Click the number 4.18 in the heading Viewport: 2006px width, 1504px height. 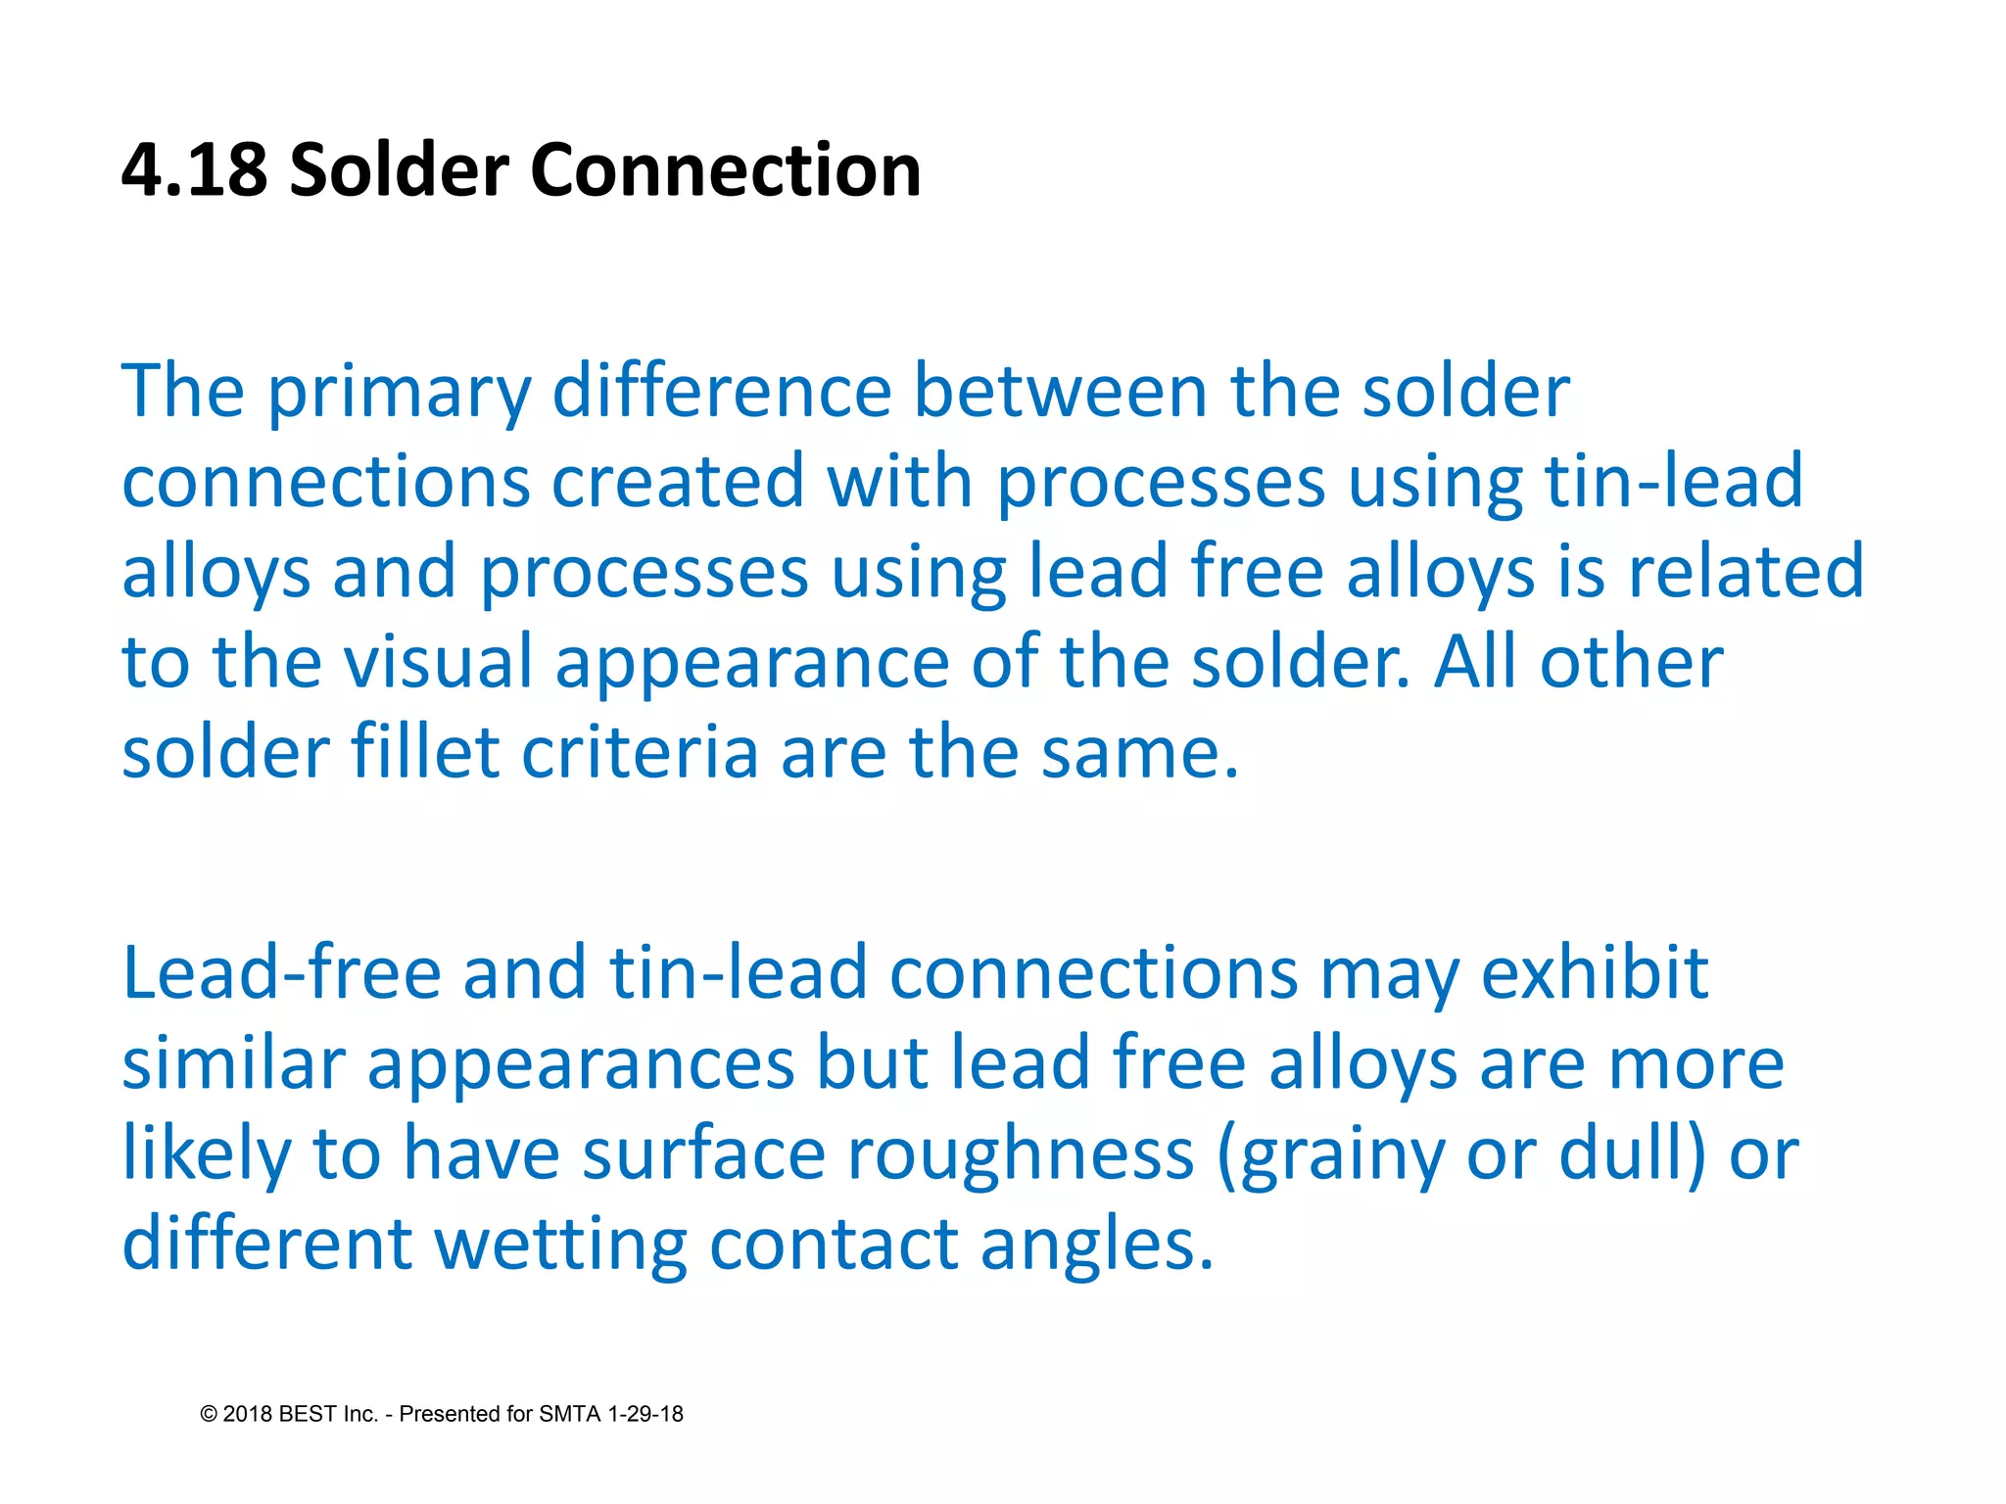pyautogui.click(x=194, y=170)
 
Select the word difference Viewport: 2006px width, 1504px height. pyautogui.click(x=722, y=392)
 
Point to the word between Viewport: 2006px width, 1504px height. pyautogui.click(x=1060, y=392)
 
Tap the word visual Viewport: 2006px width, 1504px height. pyautogui.click(x=438, y=663)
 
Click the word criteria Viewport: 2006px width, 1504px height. pyautogui.click(x=640, y=753)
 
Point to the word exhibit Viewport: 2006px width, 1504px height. pyautogui.click(x=1594, y=973)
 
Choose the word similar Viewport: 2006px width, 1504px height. pyautogui.click(x=233, y=1064)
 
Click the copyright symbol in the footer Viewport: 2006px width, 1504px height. pyautogui.click(x=209, y=1414)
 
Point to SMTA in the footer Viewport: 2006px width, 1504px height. pyautogui.click(x=570, y=1414)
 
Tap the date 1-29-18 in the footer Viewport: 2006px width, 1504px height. pyautogui.click(x=645, y=1414)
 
